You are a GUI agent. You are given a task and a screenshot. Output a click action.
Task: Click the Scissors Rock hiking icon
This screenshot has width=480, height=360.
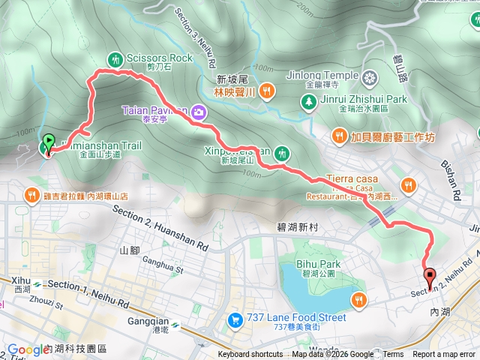pos(115,58)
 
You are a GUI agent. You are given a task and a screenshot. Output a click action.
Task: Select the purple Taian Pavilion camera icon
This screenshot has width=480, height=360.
pos(199,112)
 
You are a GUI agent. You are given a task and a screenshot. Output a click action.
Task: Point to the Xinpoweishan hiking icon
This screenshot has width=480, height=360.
pos(282,152)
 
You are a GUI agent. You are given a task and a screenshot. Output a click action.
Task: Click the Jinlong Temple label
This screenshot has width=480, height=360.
pos(322,75)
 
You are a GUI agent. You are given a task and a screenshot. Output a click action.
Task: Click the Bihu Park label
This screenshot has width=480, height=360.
pos(319,264)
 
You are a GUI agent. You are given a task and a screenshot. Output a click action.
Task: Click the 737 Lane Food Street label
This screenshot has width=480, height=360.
pos(298,317)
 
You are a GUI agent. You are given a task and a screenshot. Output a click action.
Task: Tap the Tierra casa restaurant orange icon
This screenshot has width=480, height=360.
pos(408,184)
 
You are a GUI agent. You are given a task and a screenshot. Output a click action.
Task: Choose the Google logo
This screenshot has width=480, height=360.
pos(28,349)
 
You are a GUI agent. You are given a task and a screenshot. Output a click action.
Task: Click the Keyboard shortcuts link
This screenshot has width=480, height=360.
pos(250,355)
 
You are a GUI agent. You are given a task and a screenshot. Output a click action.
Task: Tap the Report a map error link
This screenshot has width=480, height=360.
pos(444,355)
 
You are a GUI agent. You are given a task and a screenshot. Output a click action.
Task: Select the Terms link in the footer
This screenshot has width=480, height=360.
pos(393,355)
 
